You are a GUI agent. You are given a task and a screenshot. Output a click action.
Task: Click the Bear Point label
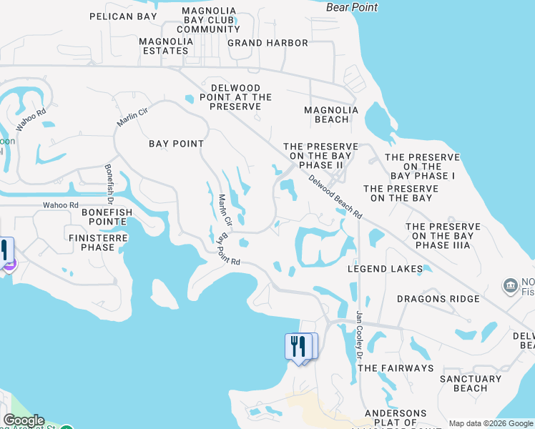pyautogui.click(x=352, y=7)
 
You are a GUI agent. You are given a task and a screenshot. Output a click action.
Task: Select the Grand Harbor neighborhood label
pyautogui.click(x=267, y=43)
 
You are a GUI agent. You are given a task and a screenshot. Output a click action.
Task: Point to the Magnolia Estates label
pyautogui.click(x=167, y=46)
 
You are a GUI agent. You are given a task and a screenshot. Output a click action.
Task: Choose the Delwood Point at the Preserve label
pyautogui.click(x=235, y=97)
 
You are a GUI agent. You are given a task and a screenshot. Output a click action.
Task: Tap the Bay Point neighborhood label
pyautogui.click(x=176, y=144)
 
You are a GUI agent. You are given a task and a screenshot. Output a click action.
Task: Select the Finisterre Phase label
pyautogui.click(x=98, y=242)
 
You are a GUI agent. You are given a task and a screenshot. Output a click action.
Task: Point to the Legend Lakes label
pyautogui.click(x=385, y=269)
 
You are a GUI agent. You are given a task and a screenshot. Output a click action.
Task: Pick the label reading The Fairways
pyautogui.click(x=396, y=368)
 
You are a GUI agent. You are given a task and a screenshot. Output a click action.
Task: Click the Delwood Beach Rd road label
pyautogui.click(x=335, y=197)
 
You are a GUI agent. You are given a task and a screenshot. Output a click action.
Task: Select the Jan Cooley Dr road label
pyautogui.click(x=360, y=335)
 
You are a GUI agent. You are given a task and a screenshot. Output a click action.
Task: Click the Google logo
pyautogui.click(x=24, y=420)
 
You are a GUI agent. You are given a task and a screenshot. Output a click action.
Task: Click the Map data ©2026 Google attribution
pyautogui.click(x=490, y=423)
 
